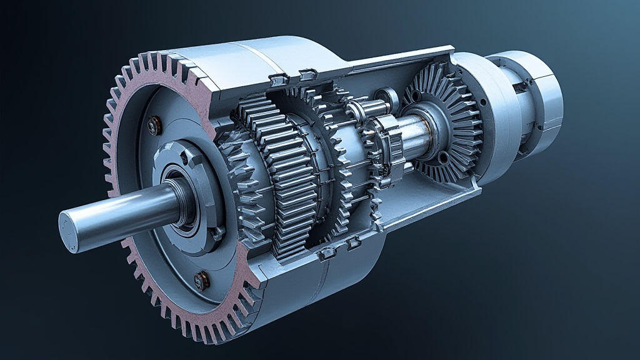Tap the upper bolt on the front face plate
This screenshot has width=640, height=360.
pyautogui.click(x=152, y=127)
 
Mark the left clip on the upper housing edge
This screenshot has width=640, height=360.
pyautogui.click(x=276, y=80)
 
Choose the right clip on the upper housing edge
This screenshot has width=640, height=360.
pyautogui.click(x=307, y=75)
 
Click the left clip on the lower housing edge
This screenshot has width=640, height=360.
pyautogui.click(x=326, y=253)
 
